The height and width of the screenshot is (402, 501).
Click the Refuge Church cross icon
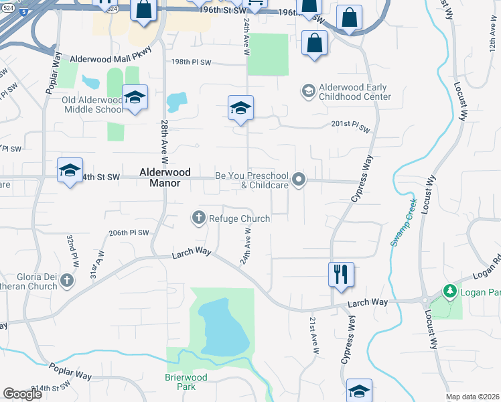pyautogui.click(x=198, y=218)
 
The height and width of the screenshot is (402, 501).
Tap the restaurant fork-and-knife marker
pyautogui.click(x=341, y=273)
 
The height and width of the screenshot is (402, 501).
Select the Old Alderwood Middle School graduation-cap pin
pyautogui.click(x=135, y=98)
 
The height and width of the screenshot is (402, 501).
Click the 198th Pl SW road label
pyautogui.click(x=191, y=62)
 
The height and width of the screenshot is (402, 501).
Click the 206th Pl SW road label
pyautogui.click(x=128, y=232)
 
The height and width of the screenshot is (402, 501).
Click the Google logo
pyautogui.click(x=23, y=394)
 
